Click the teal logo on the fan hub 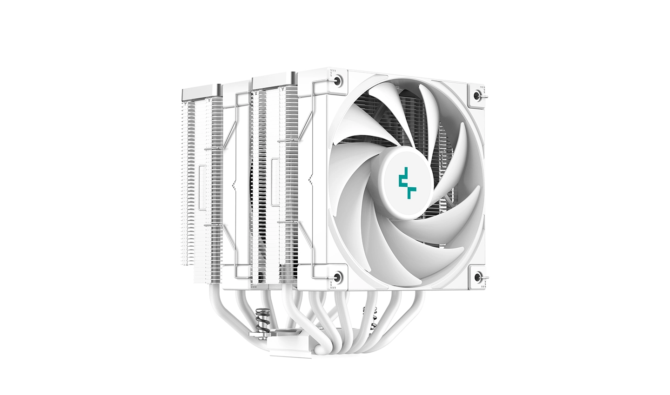pos(405,182)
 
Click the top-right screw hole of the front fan pos(476,94)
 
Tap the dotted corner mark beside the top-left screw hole pos(331,73)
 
